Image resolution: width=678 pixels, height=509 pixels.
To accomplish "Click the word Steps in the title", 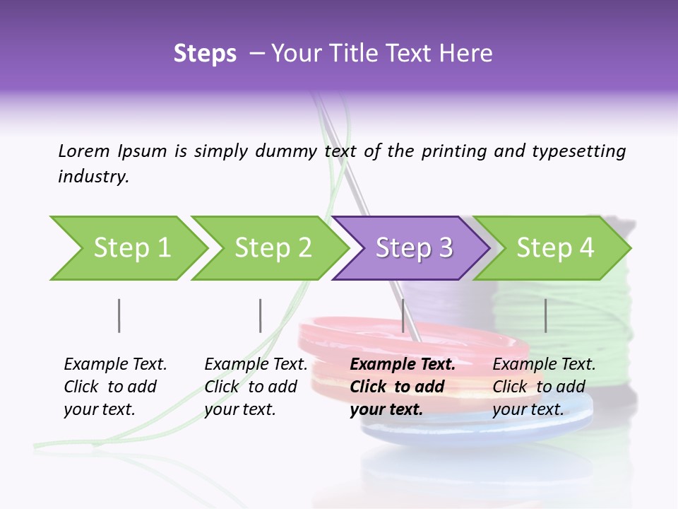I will [205, 54].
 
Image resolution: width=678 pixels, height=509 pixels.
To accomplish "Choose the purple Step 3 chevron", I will [413, 247].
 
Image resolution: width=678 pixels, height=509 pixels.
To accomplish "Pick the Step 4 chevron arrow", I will [554, 247].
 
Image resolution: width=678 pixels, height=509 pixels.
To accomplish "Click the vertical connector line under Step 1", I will [119, 315].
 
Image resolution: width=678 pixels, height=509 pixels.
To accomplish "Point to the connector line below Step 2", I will [260, 315].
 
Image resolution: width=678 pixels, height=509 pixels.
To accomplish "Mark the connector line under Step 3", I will [403, 315].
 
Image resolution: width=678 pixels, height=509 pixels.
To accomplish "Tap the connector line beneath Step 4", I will [545, 315].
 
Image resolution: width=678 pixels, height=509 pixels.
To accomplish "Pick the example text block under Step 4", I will [544, 387].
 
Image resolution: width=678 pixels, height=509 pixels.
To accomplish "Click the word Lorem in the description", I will [83, 151].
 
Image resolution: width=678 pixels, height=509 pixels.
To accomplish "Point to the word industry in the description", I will [93, 177].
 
